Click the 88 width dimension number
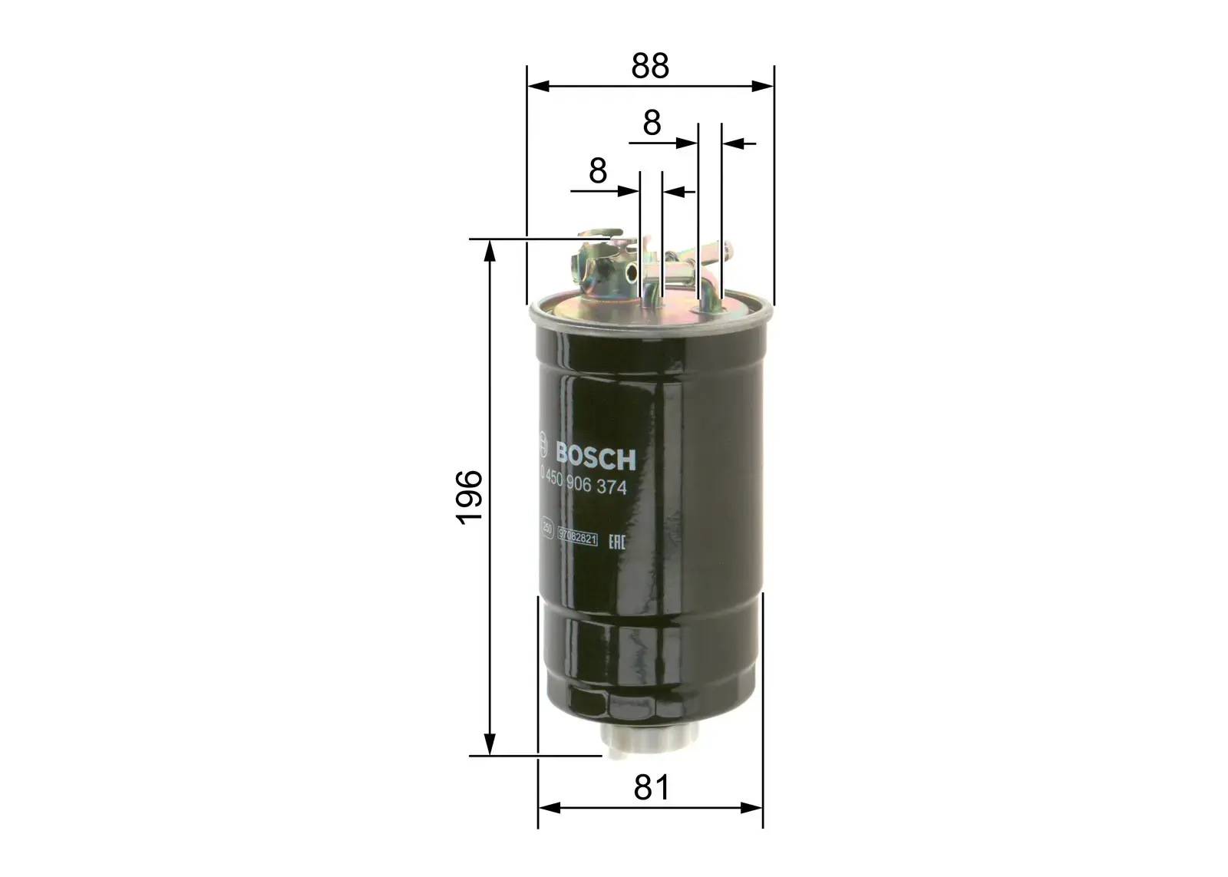click(650, 66)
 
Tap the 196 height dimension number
click(469, 497)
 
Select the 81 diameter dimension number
click(651, 787)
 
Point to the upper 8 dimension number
click(652, 123)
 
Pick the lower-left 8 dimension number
click(598, 171)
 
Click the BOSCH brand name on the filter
click(596, 458)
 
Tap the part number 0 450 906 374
click(585, 486)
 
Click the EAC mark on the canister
click(617, 542)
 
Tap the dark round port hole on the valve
click(630, 272)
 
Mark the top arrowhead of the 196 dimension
click(489, 249)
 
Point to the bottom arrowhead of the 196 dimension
click(489, 746)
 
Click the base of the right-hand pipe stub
click(707, 308)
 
